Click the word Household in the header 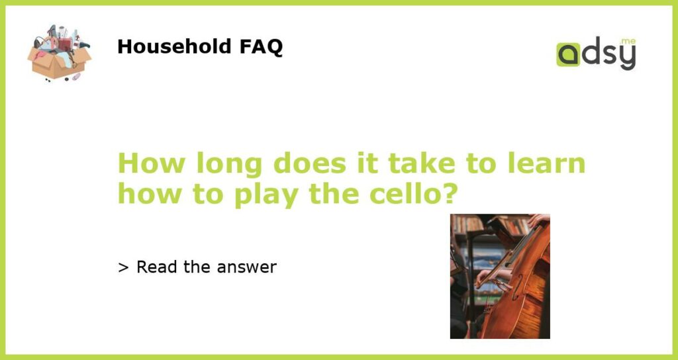pos(174,46)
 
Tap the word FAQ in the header pos(261,47)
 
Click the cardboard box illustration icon pos(59,53)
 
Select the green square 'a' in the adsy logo pos(568,54)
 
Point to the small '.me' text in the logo pos(628,42)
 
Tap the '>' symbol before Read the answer pos(123,267)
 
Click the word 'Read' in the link pos(157,267)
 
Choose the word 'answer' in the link pos(246,268)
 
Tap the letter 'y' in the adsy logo pos(628,57)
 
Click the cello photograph pos(500,276)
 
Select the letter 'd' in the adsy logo pos(590,52)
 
